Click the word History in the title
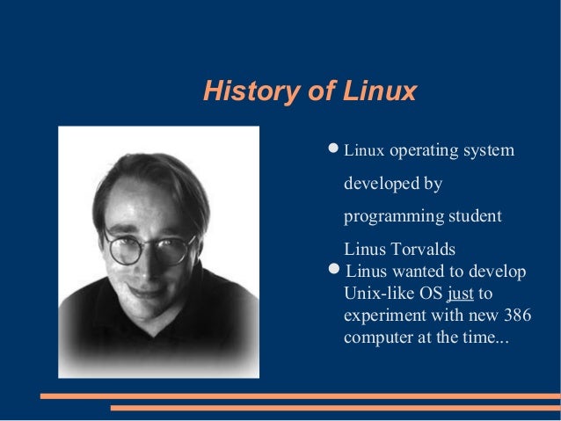click(243, 91)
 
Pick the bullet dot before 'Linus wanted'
click(333, 267)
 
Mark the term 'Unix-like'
click(375, 293)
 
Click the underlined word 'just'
click(460, 293)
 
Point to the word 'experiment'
click(382, 315)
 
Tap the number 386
click(517, 315)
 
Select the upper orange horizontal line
click(299, 396)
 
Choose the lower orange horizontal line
click(334, 408)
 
